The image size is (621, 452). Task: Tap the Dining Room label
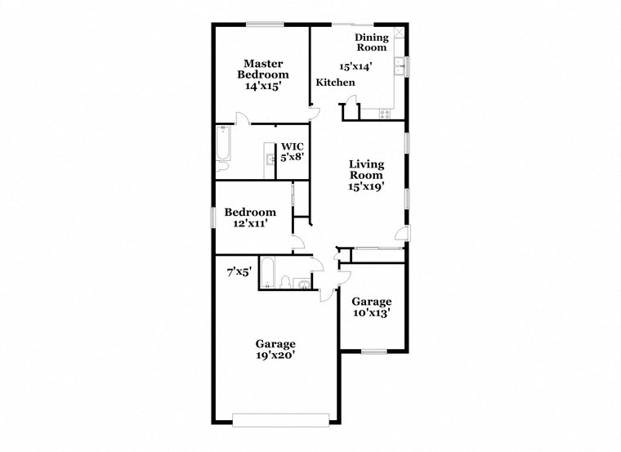370,43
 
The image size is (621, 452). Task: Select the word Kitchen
335,83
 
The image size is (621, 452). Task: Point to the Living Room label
366,169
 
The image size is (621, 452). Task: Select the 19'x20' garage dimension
275,356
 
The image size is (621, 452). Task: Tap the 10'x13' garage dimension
371,311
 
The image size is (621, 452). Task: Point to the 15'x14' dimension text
355,67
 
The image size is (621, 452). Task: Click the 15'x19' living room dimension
366,186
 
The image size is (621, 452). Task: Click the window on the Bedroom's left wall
213,218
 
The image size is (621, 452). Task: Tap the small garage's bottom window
373,351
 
